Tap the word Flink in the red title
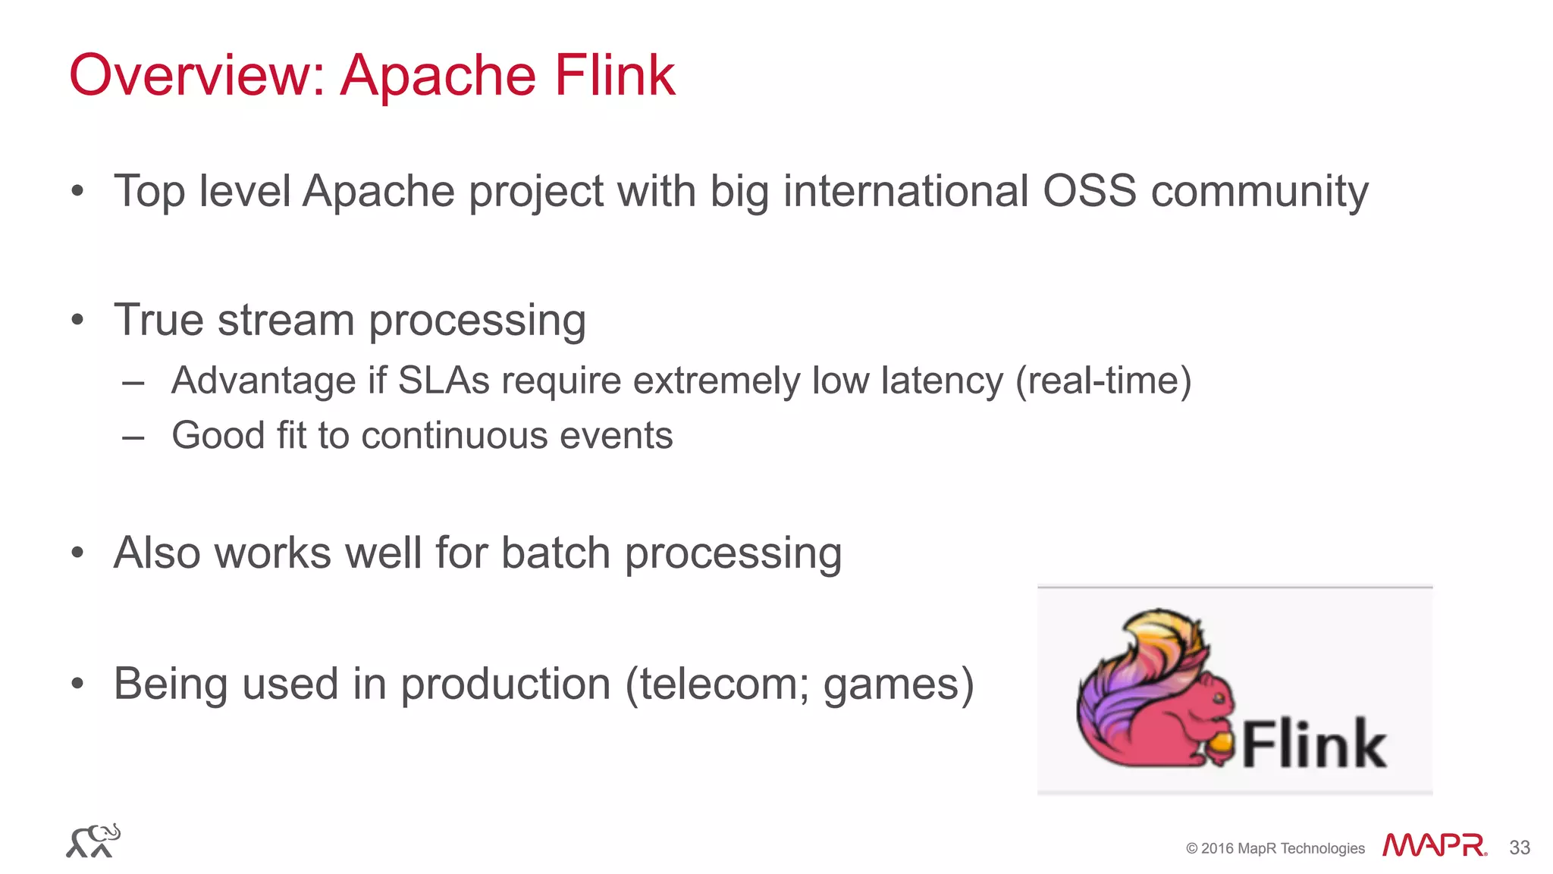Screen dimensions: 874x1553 click(614, 76)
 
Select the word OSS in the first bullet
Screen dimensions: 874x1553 click(1089, 191)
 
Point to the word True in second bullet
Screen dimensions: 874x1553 click(158, 320)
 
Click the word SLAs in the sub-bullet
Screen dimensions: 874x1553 click(444, 381)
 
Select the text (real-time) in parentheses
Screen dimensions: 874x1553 click(1103, 381)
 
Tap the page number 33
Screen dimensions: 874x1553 click(1519, 847)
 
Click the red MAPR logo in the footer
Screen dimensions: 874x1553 click(1434, 845)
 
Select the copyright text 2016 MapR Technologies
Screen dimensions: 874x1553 click(1282, 848)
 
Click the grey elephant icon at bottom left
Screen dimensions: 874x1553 click(93, 841)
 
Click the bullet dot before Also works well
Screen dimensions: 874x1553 click(77, 553)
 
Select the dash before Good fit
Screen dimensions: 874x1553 click(133, 437)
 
